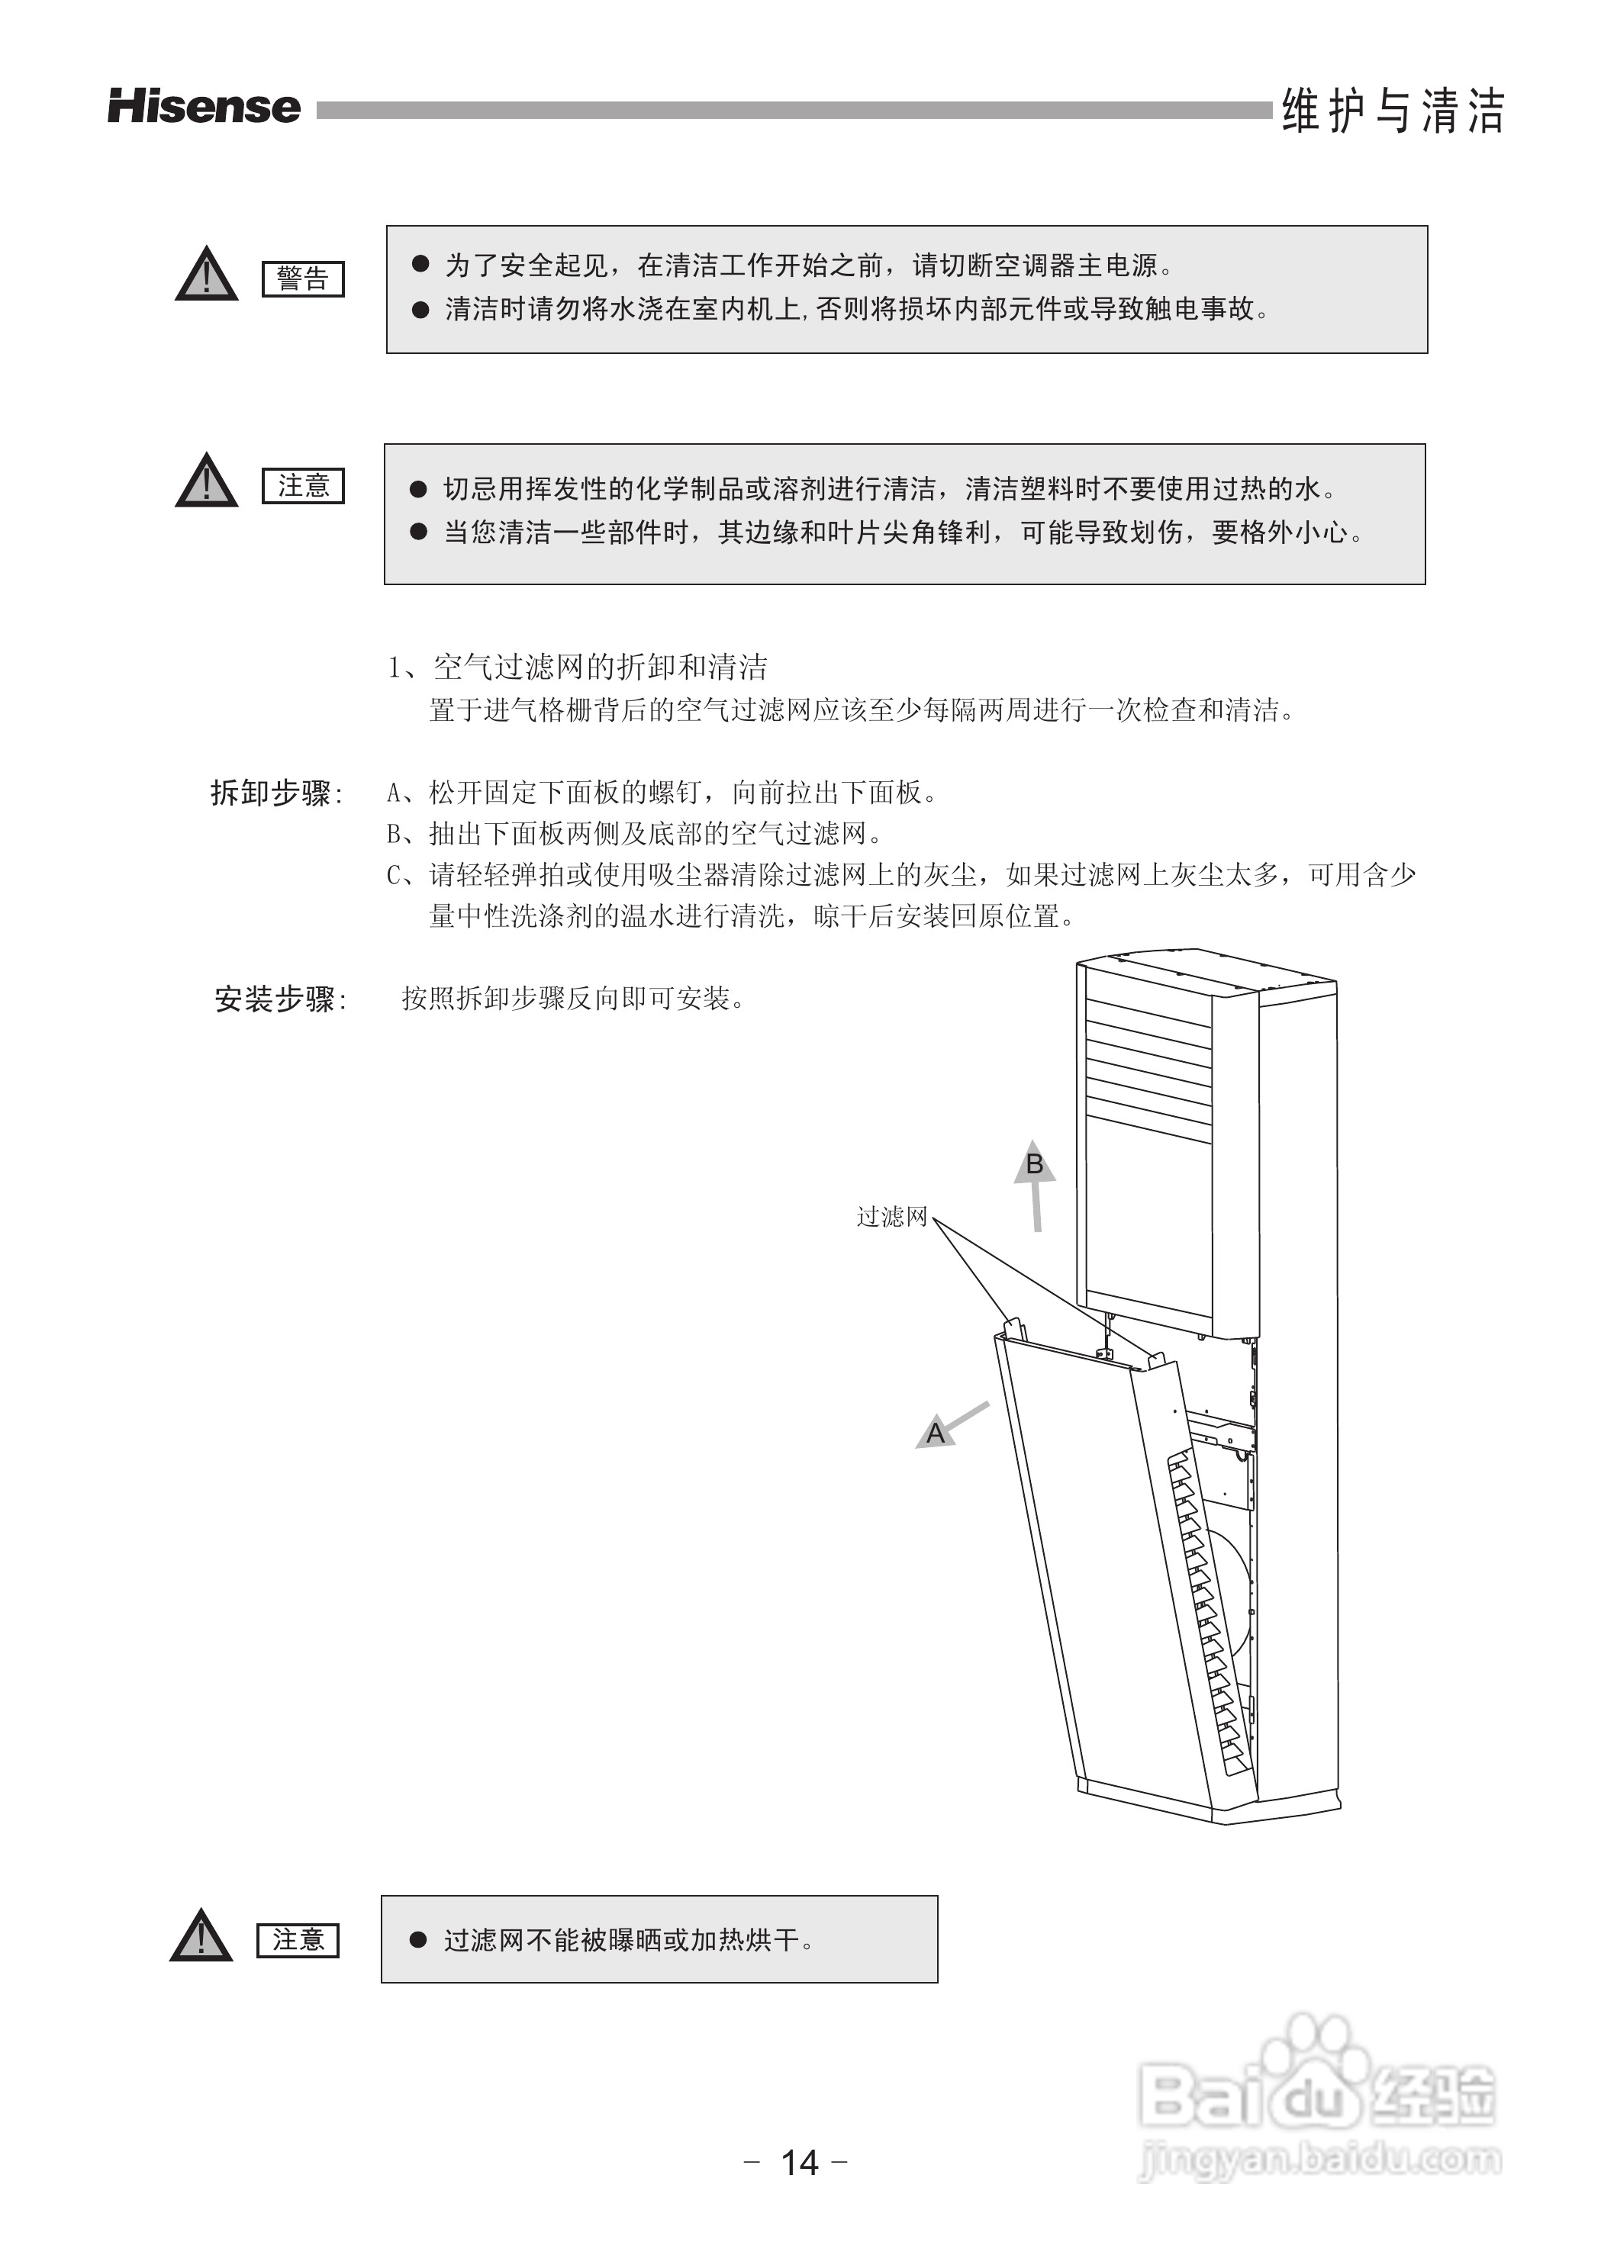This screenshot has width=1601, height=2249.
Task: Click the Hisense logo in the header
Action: (204, 108)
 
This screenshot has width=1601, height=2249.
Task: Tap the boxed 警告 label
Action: (303, 279)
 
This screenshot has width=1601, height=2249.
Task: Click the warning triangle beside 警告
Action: (206, 275)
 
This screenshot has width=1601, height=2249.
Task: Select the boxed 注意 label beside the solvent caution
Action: (303, 486)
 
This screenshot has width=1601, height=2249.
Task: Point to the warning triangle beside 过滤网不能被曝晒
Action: (201, 1936)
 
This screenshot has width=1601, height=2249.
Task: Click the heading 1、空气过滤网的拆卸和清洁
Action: (578, 668)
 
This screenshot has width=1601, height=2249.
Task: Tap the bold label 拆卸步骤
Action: (275, 793)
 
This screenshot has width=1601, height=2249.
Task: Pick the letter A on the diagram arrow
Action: (936, 1433)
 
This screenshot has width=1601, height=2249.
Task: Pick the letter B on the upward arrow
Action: (1034, 1164)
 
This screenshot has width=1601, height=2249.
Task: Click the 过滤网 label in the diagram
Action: (891, 1217)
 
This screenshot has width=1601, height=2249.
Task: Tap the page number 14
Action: (800, 2162)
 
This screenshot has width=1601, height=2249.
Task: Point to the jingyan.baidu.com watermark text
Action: (1319, 2159)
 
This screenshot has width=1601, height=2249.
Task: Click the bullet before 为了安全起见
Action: (421, 264)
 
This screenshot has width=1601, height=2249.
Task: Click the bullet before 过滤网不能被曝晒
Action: (418, 1939)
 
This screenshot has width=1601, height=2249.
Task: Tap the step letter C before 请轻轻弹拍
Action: (395, 875)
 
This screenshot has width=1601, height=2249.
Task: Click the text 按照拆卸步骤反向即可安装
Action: (572, 999)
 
